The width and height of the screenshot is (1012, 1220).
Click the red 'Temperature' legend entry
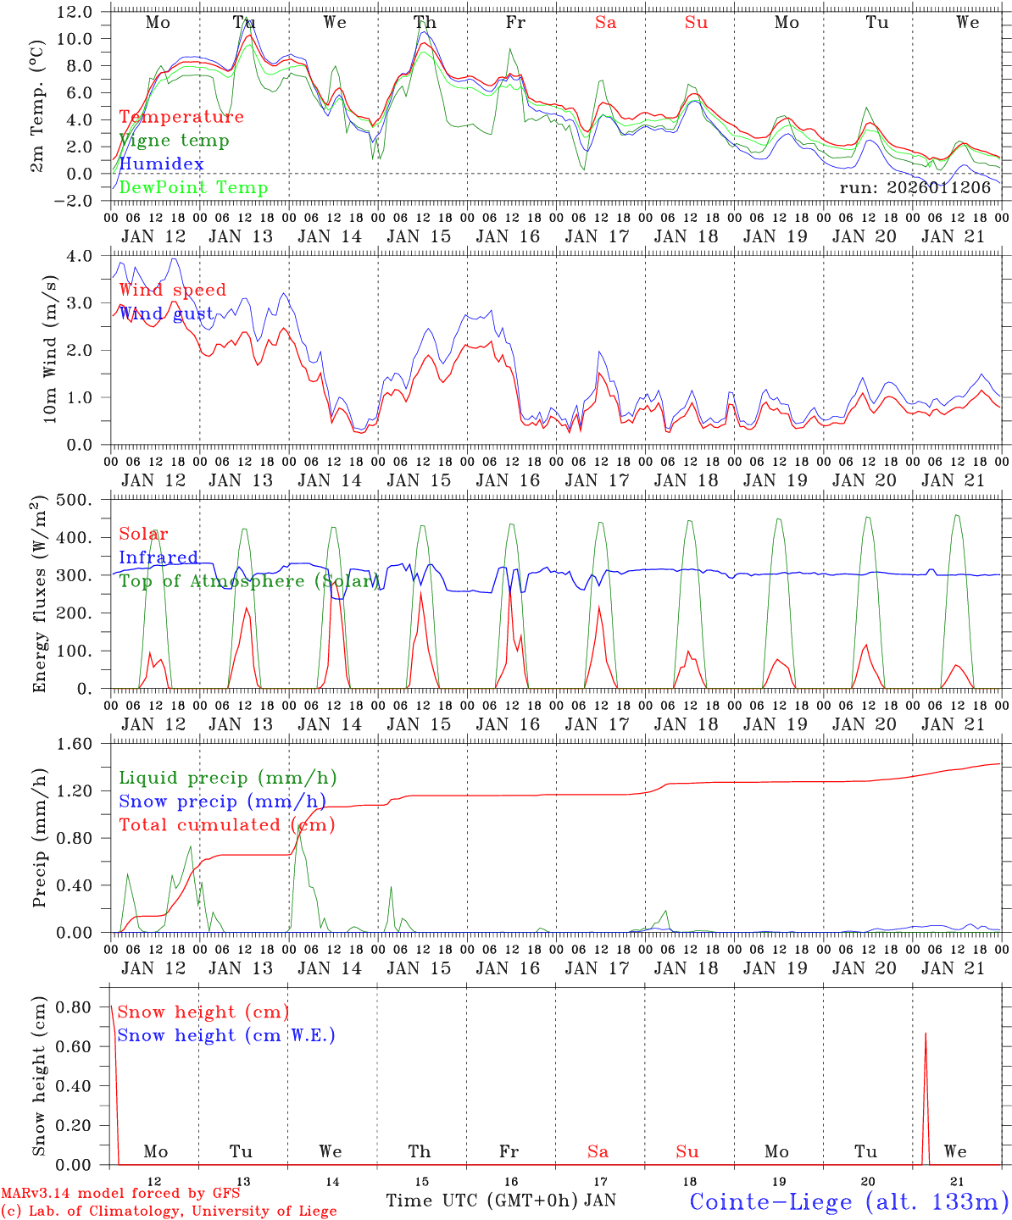[x=181, y=117]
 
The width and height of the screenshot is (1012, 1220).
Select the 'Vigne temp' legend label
[x=174, y=141]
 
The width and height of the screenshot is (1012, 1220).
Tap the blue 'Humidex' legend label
[x=161, y=164]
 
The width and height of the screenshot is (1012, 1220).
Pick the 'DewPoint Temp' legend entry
[x=193, y=188]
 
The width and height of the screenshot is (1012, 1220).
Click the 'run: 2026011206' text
[x=915, y=188]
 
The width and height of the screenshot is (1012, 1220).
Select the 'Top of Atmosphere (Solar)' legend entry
[x=247, y=581]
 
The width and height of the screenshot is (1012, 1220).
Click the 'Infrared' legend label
[x=158, y=557]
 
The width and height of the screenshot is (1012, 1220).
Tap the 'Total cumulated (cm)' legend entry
[x=226, y=825]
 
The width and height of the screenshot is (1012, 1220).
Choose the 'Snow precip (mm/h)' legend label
[x=222, y=801]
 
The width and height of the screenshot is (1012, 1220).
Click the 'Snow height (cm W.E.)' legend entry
[x=226, y=1035]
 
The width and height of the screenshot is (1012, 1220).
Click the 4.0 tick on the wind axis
[x=85, y=256]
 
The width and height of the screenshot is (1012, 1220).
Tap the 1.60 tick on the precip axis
[x=80, y=744]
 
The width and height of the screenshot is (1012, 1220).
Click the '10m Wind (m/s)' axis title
[x=50, y=349]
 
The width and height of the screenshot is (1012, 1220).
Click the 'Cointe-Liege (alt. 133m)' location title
[x=848, y=1201]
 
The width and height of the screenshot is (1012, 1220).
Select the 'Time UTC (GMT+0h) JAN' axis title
[x=501, y=1201]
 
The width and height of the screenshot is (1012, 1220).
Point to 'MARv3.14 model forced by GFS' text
[x=120, y=1194]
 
